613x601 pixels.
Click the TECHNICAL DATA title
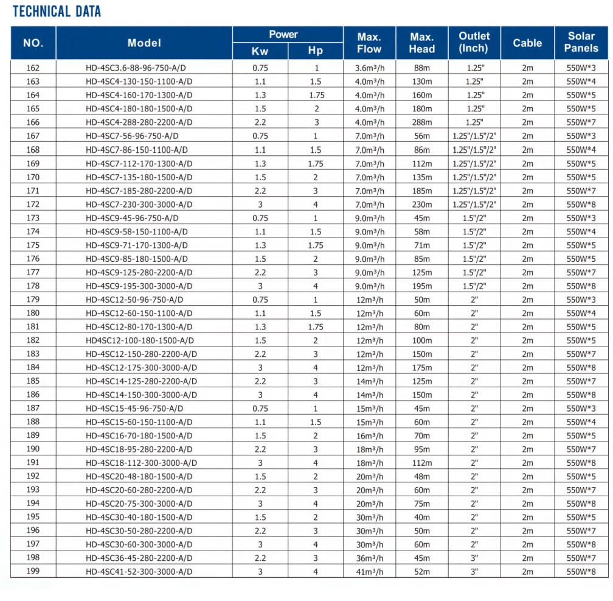click(57, 12)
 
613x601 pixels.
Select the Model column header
click(144, 43)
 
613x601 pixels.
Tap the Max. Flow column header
click(369, 43)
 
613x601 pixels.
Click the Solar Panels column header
click(581, 43)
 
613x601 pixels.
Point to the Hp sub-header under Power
click(316, 51)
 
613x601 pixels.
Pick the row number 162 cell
click(33, 68)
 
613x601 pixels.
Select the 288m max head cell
click(421, 122)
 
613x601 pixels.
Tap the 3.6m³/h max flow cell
click(370, 68)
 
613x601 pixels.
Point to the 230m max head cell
click(421, 204)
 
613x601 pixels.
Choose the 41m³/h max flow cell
click(370, 572)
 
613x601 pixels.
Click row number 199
click(33, 572)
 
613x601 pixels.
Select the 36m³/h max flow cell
click(370, 558)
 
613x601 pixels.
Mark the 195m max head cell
click(421, 286)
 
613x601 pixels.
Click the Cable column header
click(527, 43)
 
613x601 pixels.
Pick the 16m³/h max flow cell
click(370, 435)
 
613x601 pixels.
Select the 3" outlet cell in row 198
click(474, 558)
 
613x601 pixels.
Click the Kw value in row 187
click(260, 409)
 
